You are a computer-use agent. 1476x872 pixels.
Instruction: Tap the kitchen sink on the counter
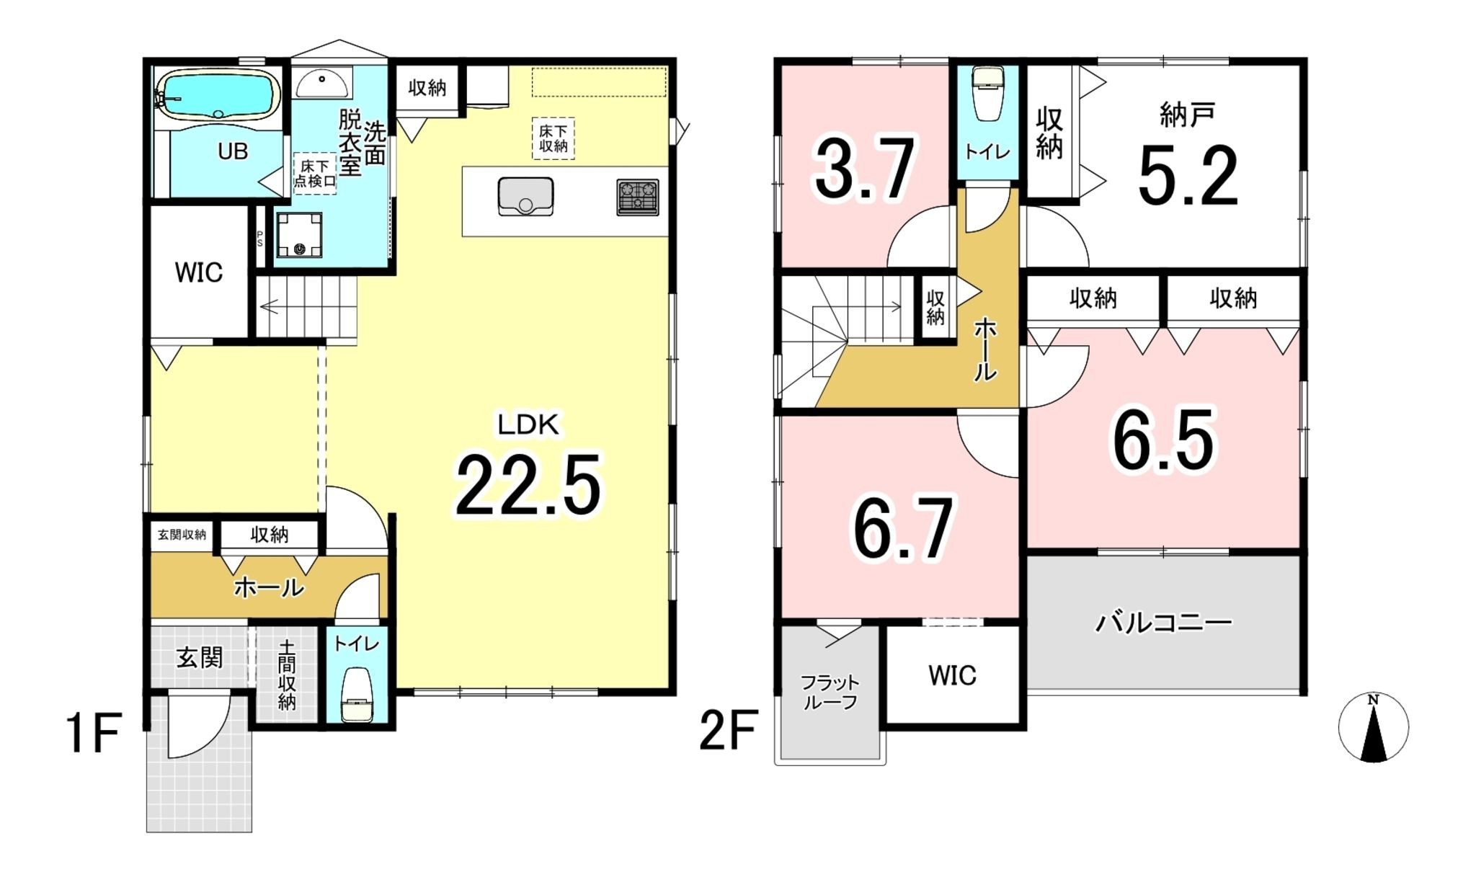point(525,196)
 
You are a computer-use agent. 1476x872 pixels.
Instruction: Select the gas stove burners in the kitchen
point(638,197)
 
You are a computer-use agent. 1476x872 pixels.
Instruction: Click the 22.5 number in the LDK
point(528,484)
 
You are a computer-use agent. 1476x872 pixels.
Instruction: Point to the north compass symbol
point(1373,727)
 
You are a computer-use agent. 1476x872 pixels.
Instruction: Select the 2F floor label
point(728,730)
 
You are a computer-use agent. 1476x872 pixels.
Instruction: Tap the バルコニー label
point(1163,622)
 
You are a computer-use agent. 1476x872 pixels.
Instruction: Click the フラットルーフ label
point(830,692)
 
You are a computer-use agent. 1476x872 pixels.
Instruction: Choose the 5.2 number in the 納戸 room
point(1188,175)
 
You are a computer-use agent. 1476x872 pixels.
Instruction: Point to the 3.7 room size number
point(865,169)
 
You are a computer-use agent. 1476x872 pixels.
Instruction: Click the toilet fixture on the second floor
point(987,94)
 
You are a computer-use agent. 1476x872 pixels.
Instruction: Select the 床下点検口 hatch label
point(315,174)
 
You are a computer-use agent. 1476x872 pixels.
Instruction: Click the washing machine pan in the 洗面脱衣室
point(299,235)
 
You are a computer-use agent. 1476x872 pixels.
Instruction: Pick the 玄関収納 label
point(182,535)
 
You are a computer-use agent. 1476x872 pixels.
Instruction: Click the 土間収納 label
point(287,675)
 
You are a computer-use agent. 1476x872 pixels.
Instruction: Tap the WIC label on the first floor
point(199,272)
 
